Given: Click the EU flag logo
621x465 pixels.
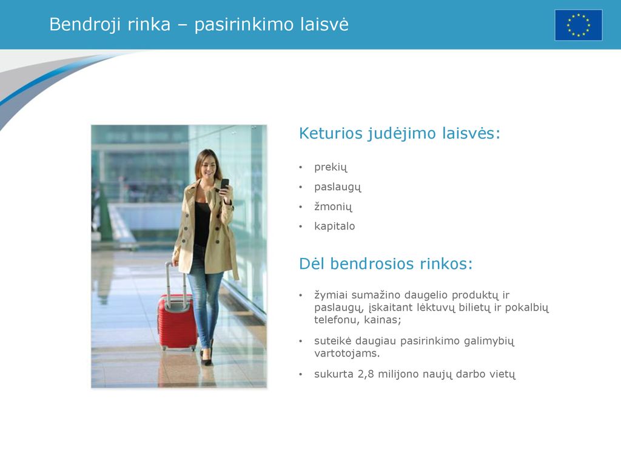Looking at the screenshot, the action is coord(578,25).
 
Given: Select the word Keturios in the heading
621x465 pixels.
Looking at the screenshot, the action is coord(331,133).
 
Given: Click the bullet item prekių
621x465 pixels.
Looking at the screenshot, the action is coord(331,168).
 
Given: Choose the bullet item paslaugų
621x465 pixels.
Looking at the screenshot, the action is coord(338,187).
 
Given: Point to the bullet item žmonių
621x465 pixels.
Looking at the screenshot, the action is coord(333,207).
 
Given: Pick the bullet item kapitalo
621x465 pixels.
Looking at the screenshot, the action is coord(335,226).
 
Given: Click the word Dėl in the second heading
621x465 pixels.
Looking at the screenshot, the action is coord(312,264).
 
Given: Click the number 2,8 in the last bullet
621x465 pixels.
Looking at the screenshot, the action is coord(366,374).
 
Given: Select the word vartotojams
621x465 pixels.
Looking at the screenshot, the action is coord(347,353).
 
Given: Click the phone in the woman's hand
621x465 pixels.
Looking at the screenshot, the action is coord(224,185).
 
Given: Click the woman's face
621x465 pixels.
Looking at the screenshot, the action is coord(208,166).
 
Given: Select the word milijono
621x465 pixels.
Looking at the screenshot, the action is coord(396,374).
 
